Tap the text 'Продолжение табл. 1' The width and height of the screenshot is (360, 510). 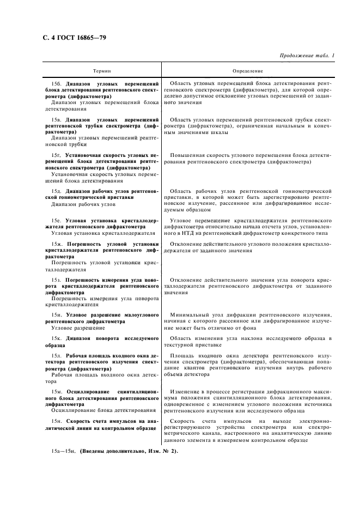tap(307, 56)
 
